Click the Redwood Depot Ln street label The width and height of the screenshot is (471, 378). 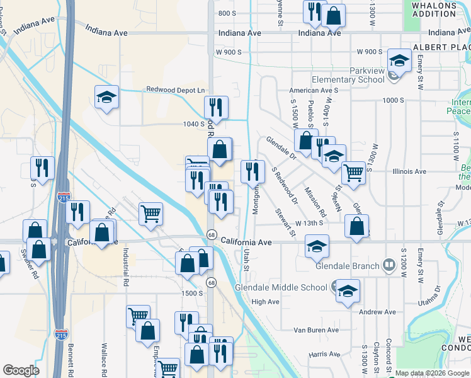pos(176,90)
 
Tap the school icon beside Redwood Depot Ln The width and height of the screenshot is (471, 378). pos(107,98)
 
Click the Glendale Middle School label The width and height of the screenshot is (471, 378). pos(280,288)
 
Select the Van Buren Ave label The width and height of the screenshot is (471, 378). pos(317,329)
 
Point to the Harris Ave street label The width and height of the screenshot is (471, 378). pos(325,355)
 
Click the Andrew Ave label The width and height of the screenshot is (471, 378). pos(377,312)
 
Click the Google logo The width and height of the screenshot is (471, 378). pos(21,370)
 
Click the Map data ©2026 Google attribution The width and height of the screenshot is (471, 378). pos(431,373)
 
